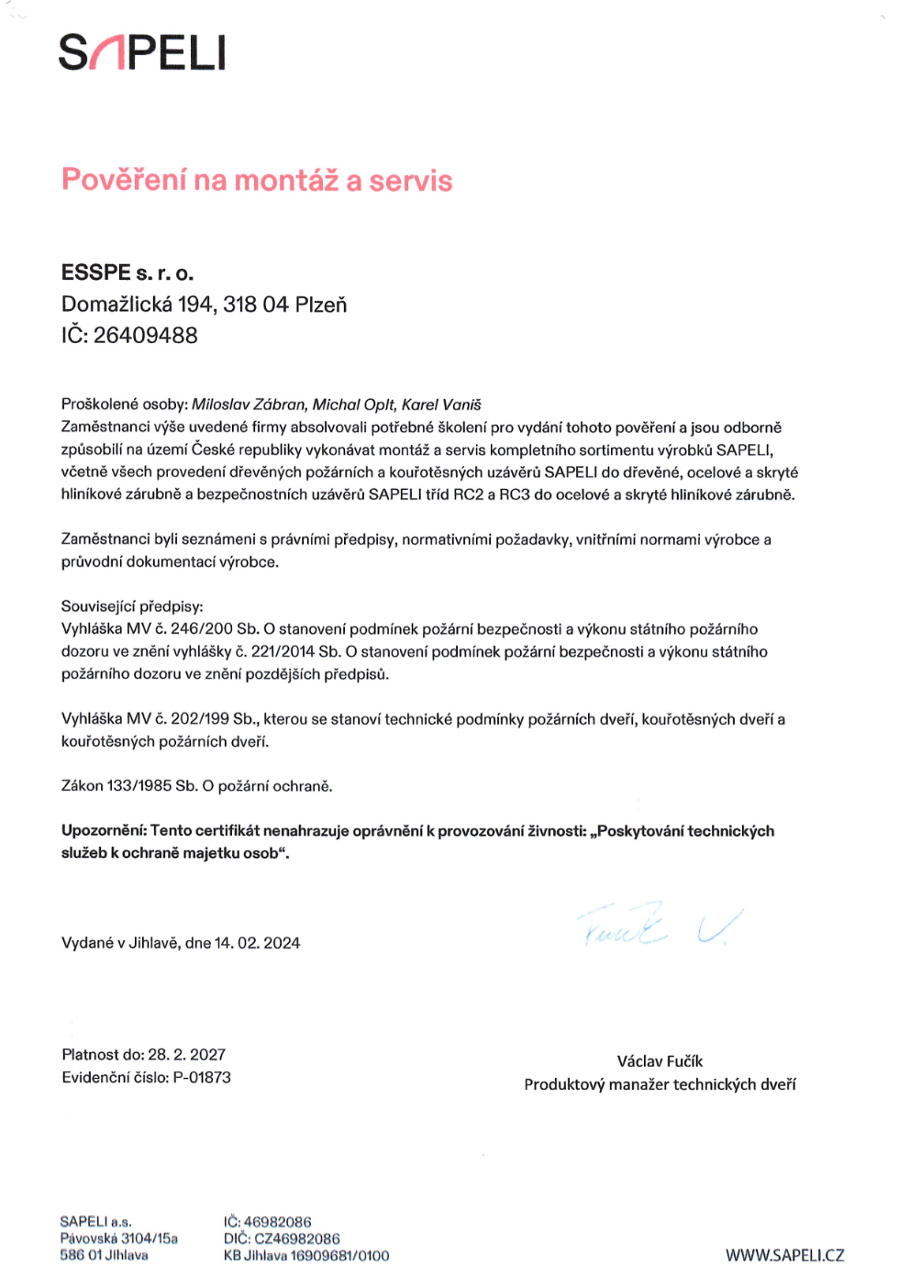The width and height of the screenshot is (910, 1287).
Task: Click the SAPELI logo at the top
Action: pos(142,52)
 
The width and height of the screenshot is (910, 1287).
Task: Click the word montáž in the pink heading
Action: pos(286,180)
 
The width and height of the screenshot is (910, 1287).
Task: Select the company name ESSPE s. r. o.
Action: pos(128,272)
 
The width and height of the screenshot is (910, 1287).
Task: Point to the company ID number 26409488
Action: pos(145,336)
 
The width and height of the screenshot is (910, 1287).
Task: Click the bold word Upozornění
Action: pos(104,831)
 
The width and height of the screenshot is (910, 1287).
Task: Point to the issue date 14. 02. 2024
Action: pos(257,943)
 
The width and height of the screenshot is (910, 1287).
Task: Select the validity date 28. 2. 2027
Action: pos(186,1055)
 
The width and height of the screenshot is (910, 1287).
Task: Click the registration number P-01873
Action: pos(202,1078)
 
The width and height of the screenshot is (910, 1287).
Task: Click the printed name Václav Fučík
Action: pos(660,1061)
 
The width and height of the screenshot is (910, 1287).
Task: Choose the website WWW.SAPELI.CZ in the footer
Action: pos(784,1256)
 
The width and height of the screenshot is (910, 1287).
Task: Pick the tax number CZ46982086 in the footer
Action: pos(296,1239)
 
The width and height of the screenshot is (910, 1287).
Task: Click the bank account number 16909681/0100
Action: pos(339,1256)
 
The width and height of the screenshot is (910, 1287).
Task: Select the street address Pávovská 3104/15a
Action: pos(119,1239)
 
